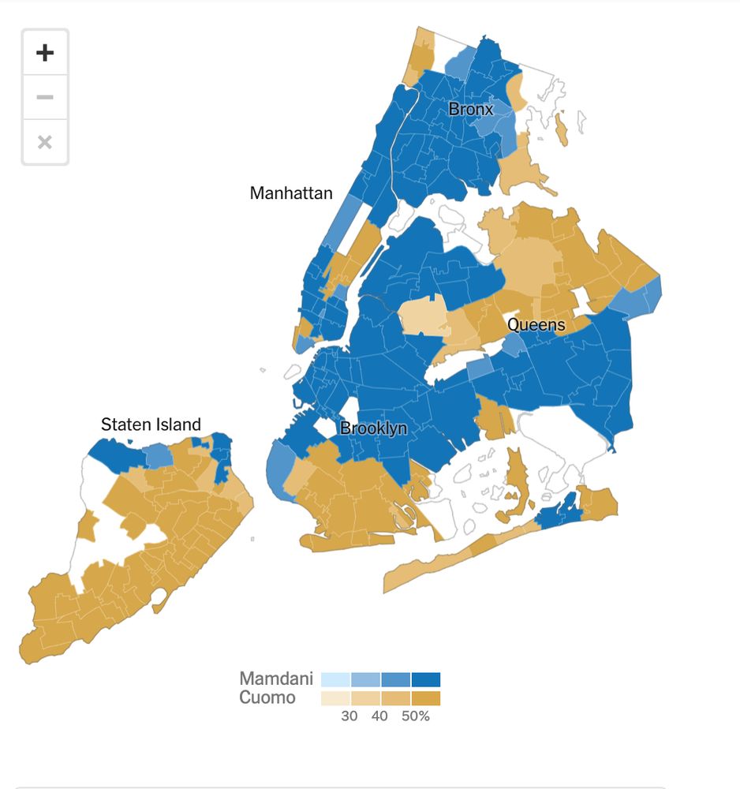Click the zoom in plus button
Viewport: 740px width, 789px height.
(x=45, y=53)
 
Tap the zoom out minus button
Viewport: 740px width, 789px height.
(x=45, y=97)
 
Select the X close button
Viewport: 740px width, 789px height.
(x=45, y=142)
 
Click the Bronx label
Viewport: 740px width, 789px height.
(x=470, y=109)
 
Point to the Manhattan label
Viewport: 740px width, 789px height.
(x=291, y=193)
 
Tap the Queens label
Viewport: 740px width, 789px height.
(x=536, y=324)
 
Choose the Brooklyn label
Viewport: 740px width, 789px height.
(x=373, y=428)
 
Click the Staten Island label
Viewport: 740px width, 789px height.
(x=151, y=424)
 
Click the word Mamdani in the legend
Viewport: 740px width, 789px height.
(x=276, y=679)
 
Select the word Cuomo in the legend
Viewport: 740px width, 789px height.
(x=267, y=697)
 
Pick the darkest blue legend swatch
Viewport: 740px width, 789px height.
(x=426, y=679)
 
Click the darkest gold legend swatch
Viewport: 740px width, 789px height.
(x=426, y=698)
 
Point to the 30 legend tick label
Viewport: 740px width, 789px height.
(x=349, y=716)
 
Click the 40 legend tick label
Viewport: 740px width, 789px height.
(x=379, y=716)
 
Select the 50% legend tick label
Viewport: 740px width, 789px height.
(x=414, y=716)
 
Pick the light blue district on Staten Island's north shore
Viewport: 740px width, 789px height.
(x=159, y=454)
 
